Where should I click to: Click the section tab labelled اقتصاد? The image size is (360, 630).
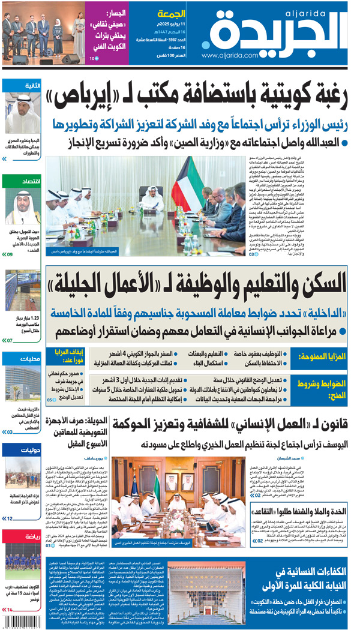coord(29,181)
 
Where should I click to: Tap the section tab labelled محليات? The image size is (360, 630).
coord(29,359)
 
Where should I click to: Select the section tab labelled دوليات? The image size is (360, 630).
coord(29,448)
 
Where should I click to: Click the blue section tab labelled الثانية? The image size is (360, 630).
coord(31,86)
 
